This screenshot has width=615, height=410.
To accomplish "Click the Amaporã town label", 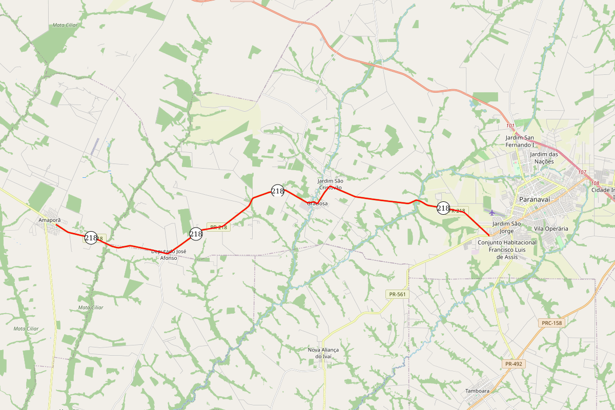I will (46, 220).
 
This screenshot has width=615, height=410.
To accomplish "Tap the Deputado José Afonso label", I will (169, 255).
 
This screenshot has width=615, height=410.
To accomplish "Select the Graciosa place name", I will (317, 203).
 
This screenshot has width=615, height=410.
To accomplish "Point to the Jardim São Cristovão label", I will (330, 184).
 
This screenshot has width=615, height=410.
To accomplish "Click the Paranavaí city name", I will (535, 199).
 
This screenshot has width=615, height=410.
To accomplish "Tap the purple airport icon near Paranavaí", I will (493, 212).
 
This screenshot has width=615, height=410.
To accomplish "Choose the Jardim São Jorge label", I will (506, 227).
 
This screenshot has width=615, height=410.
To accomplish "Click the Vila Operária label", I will (551, 229).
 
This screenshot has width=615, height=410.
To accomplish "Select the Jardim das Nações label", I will (544, 157).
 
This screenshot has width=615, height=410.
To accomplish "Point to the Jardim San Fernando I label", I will (520, 141).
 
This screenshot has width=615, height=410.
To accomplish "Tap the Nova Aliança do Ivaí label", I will (323, 353).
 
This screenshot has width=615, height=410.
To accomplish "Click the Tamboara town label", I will (477, 391).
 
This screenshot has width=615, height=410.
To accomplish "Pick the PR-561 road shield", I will (397, 294).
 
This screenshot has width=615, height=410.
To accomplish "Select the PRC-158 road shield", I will (551, 323).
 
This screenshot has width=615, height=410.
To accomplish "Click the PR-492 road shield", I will (514, 364).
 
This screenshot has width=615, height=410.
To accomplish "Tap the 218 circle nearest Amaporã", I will (91, 238).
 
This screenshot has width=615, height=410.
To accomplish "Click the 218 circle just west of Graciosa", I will (278, 191).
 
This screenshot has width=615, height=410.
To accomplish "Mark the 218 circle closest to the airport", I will (443, 208).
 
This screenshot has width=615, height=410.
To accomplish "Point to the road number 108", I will (594, 183).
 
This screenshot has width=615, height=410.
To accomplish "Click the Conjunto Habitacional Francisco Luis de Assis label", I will (507, 250).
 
